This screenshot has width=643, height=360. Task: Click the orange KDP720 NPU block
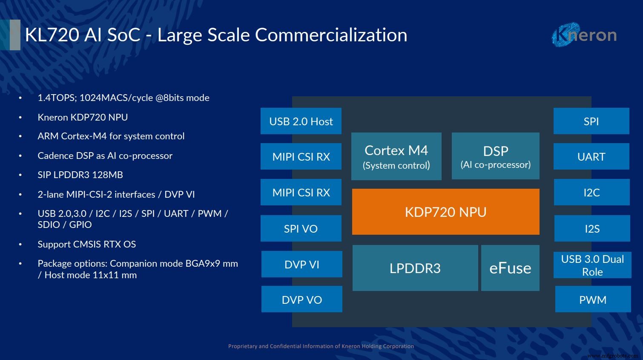(445, 212)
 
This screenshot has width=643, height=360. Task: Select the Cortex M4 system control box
(396, 156)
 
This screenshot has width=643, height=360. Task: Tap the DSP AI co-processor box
(495, 156)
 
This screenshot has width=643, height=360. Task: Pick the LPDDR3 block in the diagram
(415, 268)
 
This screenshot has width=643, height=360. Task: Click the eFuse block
(510, 268)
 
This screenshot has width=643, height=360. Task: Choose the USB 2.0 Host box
(301, 121)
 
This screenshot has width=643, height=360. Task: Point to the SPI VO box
(301, 229)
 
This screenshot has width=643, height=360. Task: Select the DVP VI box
(301, 265)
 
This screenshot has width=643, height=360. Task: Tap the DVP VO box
(301, 300)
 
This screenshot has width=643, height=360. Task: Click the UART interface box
(591, 157)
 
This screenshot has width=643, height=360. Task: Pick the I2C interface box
(591, 193)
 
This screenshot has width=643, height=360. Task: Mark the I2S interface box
(592, 229)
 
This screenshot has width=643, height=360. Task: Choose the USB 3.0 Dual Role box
(592, 265)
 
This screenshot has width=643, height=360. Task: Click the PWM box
(593, 300)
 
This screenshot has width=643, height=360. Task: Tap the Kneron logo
(584, 35)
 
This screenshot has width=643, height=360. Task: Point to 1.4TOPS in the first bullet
(56, 98)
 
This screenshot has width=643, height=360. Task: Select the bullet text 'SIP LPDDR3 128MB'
(80, 175)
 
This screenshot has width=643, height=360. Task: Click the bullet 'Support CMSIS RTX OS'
(86, 244)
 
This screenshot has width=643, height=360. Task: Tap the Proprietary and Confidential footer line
(321, 346)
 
